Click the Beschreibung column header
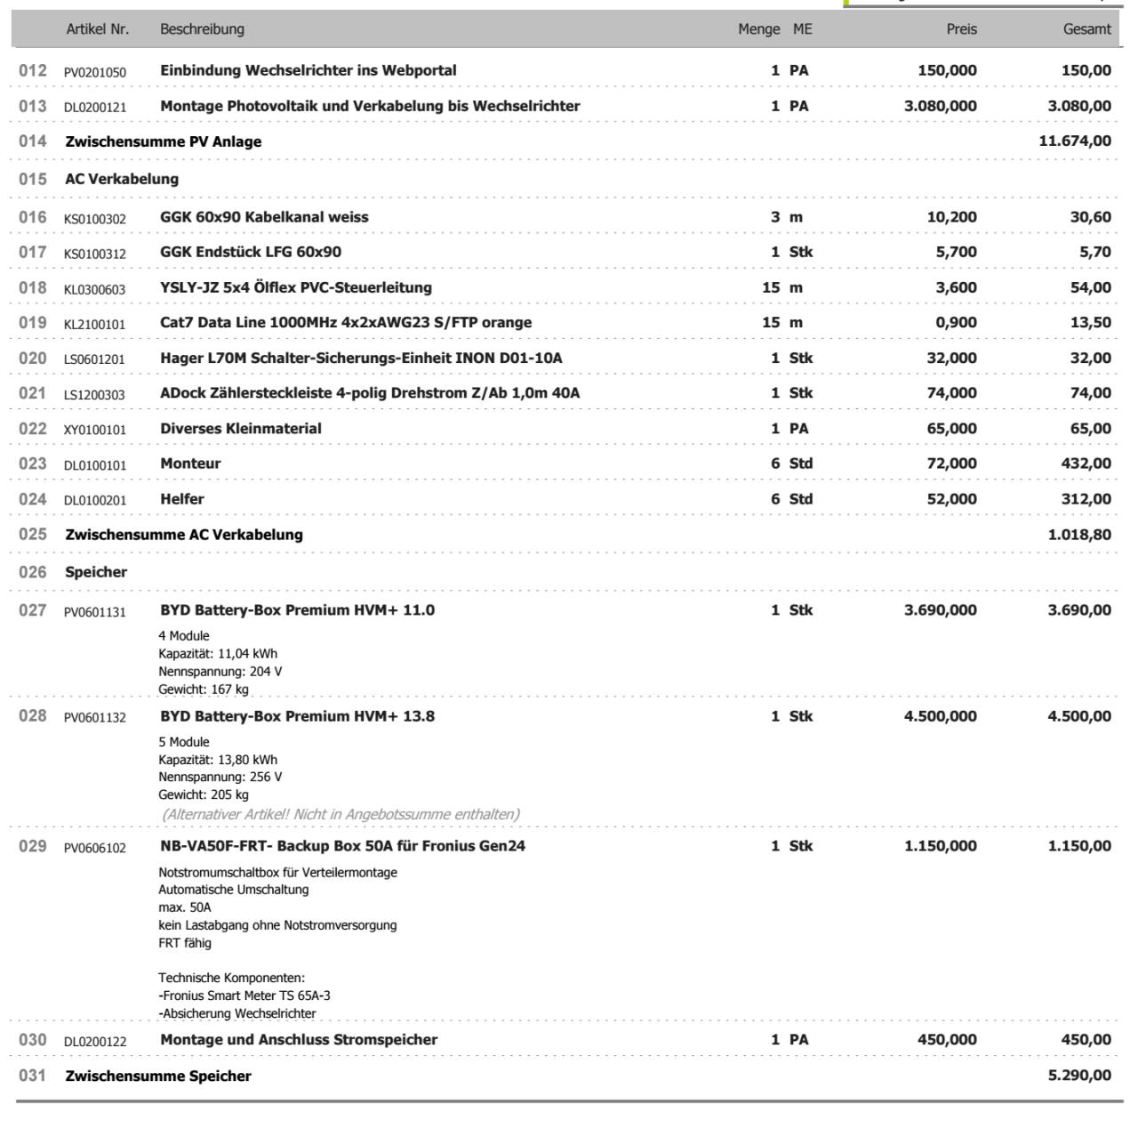(202, 29)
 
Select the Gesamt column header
(1086, 29)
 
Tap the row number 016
(32, 217)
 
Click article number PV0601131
(94, 611)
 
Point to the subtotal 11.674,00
(1074, 141)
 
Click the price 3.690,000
(940, 610)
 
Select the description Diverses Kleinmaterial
(241, 429)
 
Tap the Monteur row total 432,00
(1087, 464)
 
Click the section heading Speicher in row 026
(96, 572)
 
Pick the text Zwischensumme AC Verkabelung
(184, 535)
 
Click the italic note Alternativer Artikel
(341, 814)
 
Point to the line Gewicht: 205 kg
(204, 794)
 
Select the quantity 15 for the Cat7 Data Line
(771, 323)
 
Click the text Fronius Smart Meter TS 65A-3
(246, 996)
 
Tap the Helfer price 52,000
(951, 499)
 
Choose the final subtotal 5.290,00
(1079, 1076)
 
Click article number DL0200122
(94, 1041)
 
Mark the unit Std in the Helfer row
(800, 499)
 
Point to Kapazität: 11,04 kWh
(218, 653)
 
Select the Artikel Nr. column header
(97, 29)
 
